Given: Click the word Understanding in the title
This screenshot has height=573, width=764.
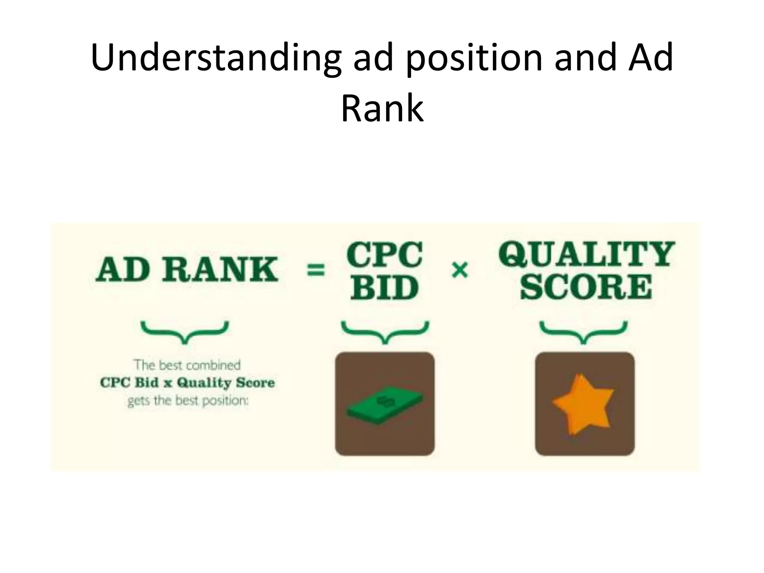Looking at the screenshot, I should pyautogui.click(x=216, y=58).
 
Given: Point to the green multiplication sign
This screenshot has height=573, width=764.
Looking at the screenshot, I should pyautogui.click(x=460, y=270).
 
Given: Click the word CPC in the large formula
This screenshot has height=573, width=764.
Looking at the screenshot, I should pyautogui.click(x=384, y=254).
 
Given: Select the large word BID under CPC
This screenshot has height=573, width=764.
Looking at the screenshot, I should pyautogui.click(x=384, y=288).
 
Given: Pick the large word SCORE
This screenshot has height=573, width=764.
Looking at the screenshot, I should pyautogui.click(x=586, y=287).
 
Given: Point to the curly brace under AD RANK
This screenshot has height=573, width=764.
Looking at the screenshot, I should pyautogui.click(x=185, y=331).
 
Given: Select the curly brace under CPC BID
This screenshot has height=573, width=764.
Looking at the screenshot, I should pyautogui.click(x=385, y=331).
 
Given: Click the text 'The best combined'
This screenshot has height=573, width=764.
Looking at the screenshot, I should pyautogui.click(x=187, y=365).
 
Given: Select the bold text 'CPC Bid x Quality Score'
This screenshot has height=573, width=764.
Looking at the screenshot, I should pyautogui.click(x=187, y=383).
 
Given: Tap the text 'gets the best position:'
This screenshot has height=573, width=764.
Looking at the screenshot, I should pyautogui.click(x=188, y=401).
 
